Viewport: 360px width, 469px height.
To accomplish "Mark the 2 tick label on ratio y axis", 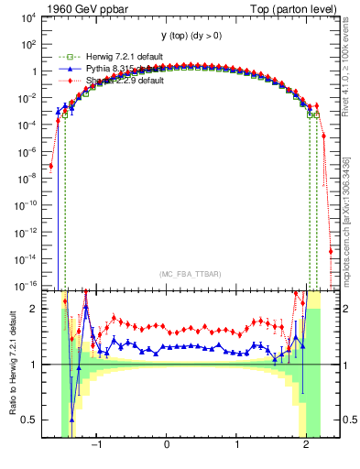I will [x=32, y=309].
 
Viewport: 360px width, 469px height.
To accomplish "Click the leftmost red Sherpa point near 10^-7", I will [x=51, y=166].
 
